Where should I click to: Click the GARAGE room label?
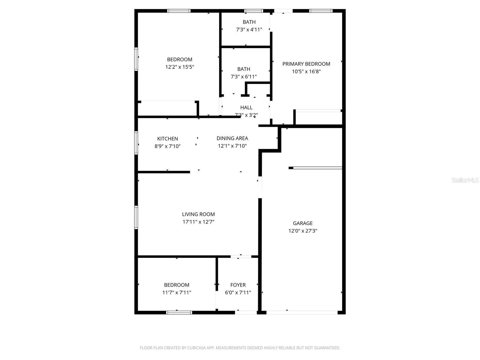[303, 223]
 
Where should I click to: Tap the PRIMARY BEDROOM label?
[306, 64]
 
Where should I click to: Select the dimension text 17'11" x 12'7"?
[198, 222]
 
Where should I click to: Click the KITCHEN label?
[167, 139]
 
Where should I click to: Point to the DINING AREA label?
[232, 138]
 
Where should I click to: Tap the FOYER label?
[238, 285]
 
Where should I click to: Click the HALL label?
[246, 107]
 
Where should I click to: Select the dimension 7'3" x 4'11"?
[249, 30]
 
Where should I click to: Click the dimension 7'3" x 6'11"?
[244, 77]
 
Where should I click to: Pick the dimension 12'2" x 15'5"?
[180, 67]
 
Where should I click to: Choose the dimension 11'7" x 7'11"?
[177, 292]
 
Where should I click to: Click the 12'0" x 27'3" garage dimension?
[303, 231]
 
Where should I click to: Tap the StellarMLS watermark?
[465, 180]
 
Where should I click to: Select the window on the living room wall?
[136, 217]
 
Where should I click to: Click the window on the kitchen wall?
[136, 143]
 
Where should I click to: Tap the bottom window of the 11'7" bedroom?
[179, 312]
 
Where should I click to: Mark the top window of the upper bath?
[253, 11]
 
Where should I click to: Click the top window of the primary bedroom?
[321, 11]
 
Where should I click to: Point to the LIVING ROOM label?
[198, 214]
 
